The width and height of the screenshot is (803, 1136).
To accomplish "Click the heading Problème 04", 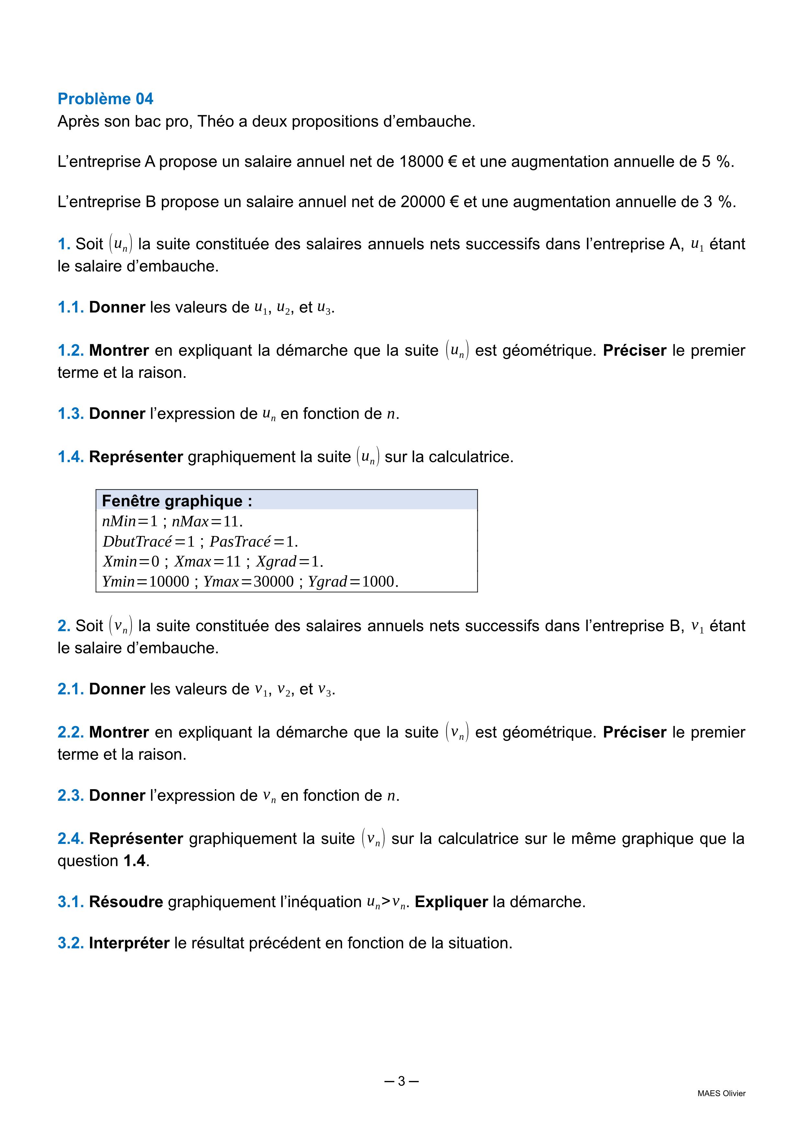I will tap(105, 99).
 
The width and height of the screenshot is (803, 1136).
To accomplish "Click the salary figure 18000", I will tap(421, 162).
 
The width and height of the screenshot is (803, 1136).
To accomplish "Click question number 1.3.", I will tap(71, 414).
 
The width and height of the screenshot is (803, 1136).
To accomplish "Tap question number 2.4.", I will tap(71, 839).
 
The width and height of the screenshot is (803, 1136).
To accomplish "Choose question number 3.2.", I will tap(71, 943).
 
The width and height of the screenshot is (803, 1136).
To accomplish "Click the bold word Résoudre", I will tap(126, 902).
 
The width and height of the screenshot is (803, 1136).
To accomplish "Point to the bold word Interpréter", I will tap(129, 943).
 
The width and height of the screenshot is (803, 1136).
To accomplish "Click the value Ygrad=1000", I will tap(353, 581).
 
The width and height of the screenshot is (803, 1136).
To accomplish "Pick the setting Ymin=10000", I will tap(145, 581).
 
